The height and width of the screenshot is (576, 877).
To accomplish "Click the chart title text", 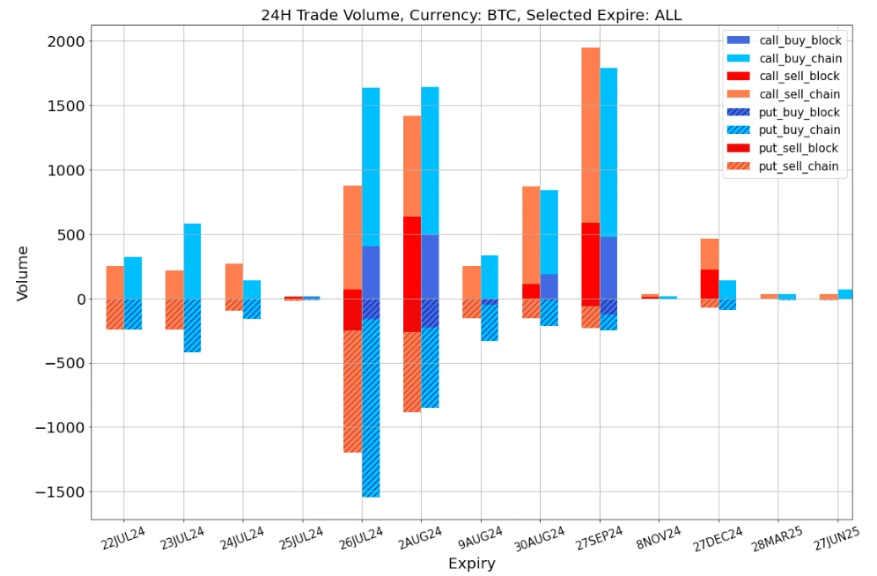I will click(x=471, y=15).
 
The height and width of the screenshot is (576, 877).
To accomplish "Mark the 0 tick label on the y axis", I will click(x=80, y=299).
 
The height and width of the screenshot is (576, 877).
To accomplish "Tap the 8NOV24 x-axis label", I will click(x=658, y=540).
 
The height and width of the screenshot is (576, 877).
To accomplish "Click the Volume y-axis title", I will click(x=23, y=273).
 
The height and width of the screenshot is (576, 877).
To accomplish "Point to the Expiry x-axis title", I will click(x=471, y=564).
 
